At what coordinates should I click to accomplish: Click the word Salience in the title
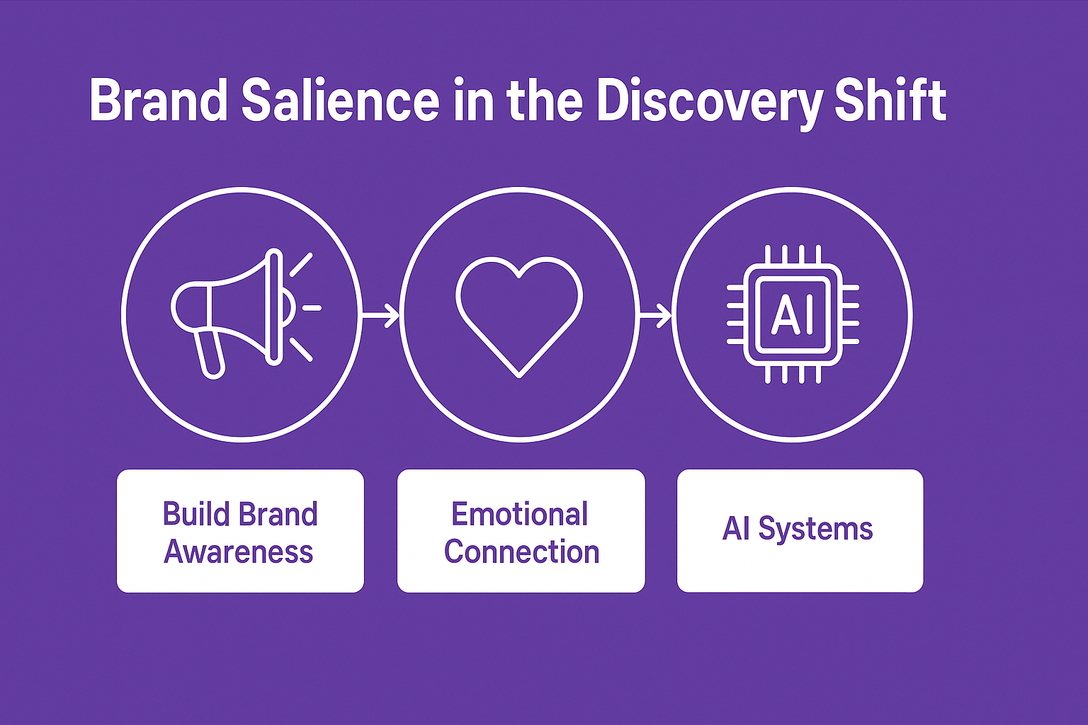click(x=340, y=101)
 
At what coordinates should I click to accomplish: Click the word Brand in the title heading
click(x=158, y=101)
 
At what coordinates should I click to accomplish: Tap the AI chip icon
click(x=793, y=314)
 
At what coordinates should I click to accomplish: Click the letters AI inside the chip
click(x=793, y=314)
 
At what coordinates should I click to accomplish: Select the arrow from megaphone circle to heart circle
click(x=381, y=314)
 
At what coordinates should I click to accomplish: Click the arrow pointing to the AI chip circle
click(x=655, y=314)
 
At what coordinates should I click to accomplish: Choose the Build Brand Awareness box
click(x=240, y=531)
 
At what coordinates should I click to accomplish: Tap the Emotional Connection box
click(x=521, y=531)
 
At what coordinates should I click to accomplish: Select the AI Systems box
click(x=800, y=531)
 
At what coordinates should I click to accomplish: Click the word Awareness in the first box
click(x=239, y=552)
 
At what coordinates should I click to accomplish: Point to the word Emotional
click(x=520, y=515)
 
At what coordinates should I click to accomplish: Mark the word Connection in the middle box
click(x=521, y=552)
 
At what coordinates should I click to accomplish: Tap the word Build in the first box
click(x=194, y=515)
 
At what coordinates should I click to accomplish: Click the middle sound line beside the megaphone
click(x=312, y=308)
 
